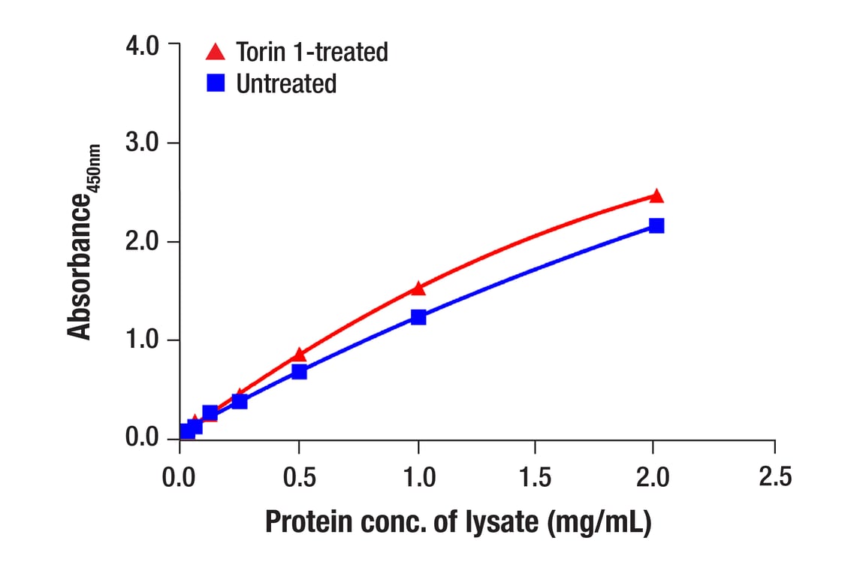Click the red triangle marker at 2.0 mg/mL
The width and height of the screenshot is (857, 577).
(656, 196)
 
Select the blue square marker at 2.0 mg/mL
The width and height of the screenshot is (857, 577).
(656, 225)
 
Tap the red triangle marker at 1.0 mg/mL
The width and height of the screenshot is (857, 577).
(418, 288)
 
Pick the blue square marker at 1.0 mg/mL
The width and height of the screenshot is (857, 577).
(418, 317)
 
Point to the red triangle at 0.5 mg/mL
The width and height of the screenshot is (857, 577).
(299, 355)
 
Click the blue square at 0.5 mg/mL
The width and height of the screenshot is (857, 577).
(299, 372)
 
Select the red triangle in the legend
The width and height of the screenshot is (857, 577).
(216, 51)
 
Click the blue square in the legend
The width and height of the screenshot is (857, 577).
(216, 83)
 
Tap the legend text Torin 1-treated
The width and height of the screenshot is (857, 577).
(312, 52)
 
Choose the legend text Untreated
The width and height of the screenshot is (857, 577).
(286, 83)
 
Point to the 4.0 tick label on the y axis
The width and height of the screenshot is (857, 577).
(142, 45)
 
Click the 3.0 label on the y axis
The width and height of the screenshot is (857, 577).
(142, 143)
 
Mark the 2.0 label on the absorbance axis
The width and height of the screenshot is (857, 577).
(142, 241)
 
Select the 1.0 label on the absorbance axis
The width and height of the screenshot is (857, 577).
(142, 340)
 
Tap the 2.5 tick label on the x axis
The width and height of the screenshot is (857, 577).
(775, 476)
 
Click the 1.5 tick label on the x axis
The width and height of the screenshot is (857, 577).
(535, 478)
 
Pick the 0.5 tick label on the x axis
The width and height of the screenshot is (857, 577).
(300, 478)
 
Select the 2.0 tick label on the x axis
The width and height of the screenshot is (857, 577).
(653, 478)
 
